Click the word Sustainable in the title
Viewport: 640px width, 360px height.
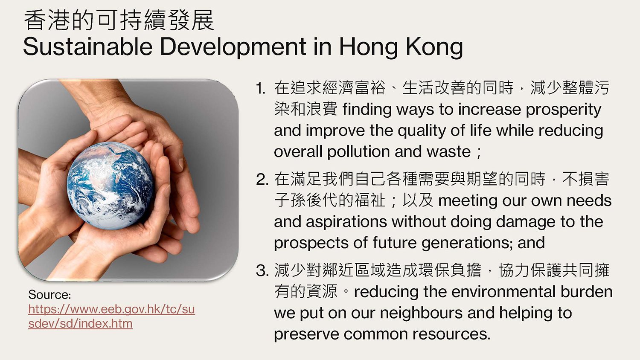pos(88,46)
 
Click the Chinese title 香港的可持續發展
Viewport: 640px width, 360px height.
pos(119,20)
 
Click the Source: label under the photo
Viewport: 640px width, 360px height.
pos(50,295)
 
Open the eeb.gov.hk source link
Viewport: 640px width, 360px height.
pos(111,316)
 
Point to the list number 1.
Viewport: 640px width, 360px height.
pos(261,88)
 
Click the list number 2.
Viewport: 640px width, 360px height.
pos(262,180)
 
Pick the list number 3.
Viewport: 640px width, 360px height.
pos(262,270)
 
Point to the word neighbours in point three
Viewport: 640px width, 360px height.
pos(421,313)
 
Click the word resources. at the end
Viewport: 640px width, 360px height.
pos(452,334)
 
